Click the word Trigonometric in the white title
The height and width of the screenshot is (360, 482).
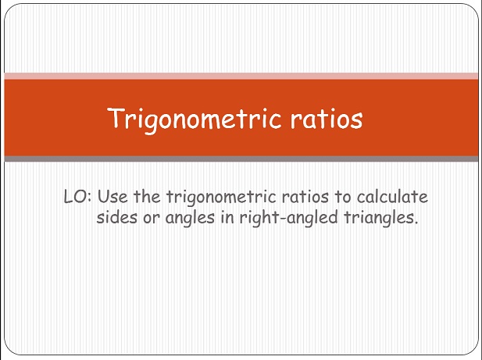[195, 119]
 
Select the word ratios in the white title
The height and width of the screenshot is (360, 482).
[327, 118]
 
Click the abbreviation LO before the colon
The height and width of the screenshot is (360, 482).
[75, 197]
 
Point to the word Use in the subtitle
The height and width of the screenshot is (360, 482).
[112, 197]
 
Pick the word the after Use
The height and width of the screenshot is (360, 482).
[147, 196]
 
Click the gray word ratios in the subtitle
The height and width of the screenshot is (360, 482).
[305, 197]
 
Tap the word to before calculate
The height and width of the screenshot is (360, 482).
[343, 198]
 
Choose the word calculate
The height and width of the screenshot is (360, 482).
[392, 197]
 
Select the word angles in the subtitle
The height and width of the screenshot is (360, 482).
[190, 219]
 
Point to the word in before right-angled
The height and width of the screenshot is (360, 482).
[227, 217]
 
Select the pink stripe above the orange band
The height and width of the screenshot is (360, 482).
[241, 76]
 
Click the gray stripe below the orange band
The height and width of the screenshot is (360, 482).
[241, 159]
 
